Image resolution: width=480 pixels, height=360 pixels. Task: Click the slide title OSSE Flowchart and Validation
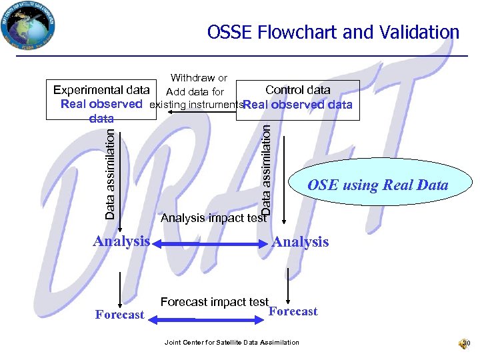[333, 32]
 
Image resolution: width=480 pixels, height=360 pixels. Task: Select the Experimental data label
[101, 90]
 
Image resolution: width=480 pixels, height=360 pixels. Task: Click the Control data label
[297, 90]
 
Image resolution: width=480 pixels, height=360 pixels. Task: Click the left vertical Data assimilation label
[111, 173]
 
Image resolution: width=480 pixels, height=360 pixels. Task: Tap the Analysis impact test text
[213, 217]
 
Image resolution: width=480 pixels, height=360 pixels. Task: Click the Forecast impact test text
[214, 302]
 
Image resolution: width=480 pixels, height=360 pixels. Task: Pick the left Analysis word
[121, 241]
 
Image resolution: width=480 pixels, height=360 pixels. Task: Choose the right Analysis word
[300, 242]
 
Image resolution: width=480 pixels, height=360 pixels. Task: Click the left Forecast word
[119, 315]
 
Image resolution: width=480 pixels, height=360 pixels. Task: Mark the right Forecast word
[293, 311]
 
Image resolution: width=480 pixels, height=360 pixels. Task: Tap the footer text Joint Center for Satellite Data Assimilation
[231, 343]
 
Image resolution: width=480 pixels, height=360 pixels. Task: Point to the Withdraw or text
[199, 79]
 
